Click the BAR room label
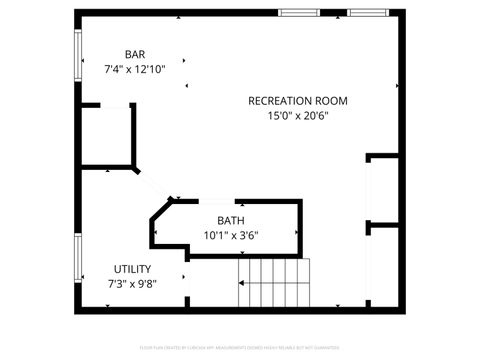pos(134,54)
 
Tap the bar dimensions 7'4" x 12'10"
pos(134,70)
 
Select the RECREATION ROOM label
pos(297,100)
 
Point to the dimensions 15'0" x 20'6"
pos(297,116)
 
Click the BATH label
pos(231,220)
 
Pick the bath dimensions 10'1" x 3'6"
pos(231,236)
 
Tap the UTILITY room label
pos(132,268)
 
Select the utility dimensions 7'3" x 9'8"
pos(132,283)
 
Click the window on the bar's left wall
pos(78,54)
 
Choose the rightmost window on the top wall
pos(366,13)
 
